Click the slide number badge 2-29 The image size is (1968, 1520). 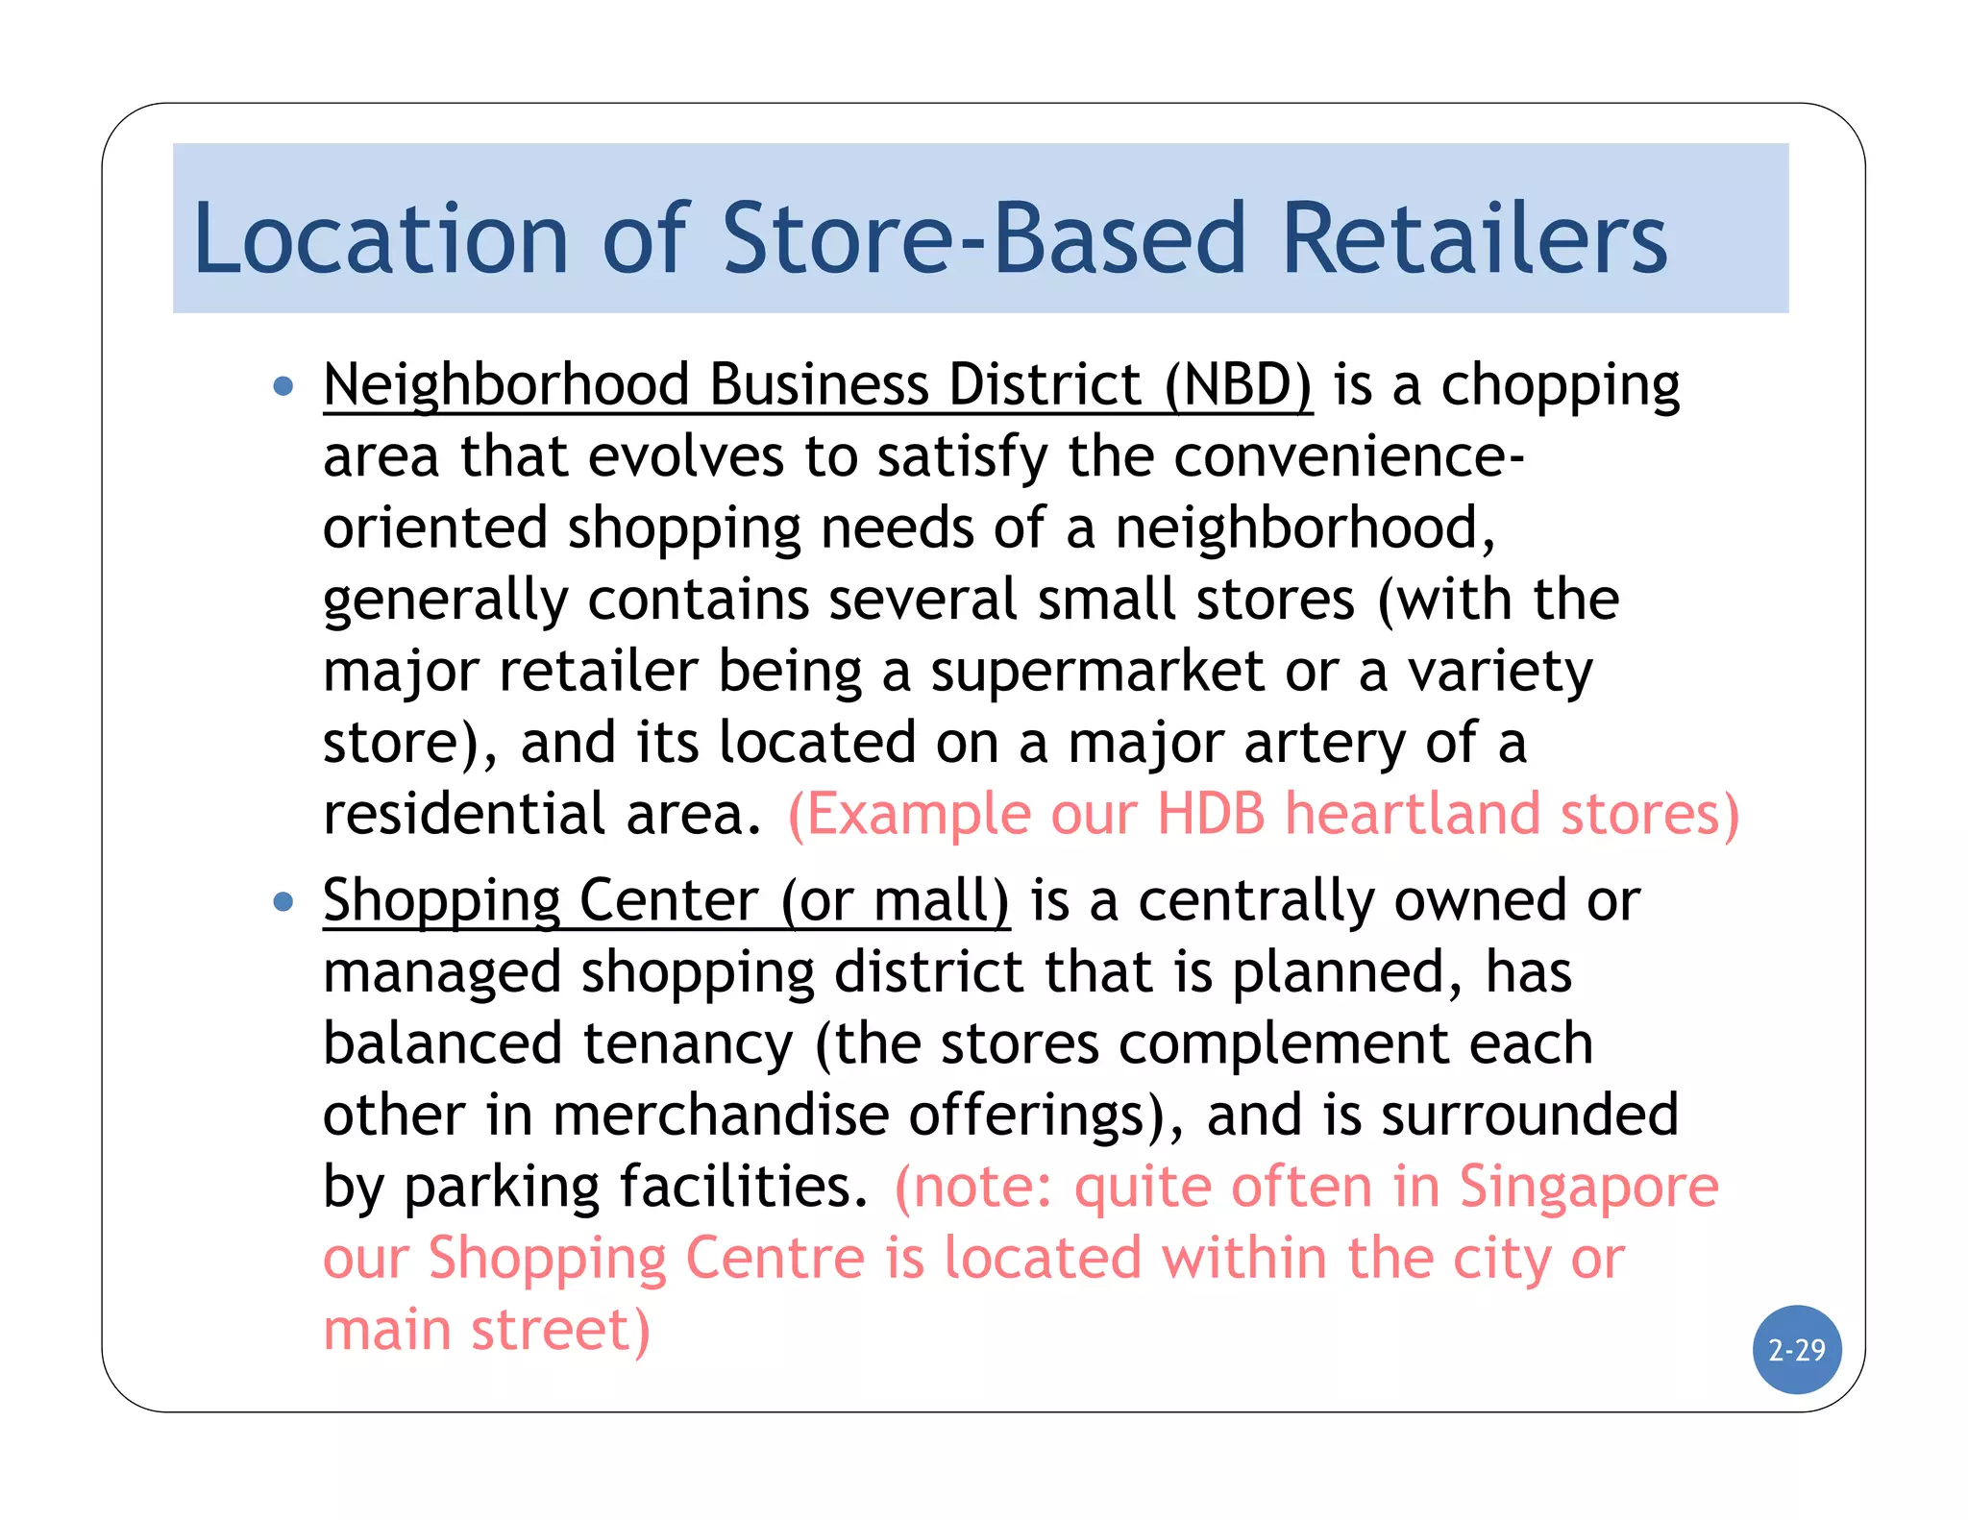(x=1796, y=1350)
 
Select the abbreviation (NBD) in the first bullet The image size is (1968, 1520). (x=1238, y=385)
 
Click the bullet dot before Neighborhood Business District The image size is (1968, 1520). (x=283, y=386)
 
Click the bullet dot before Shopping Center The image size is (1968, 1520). (x=283, y=902)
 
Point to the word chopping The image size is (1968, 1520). (x=1560, y=385)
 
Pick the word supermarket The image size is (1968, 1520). (x=1096, y=671)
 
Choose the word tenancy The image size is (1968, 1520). (x=688, y=1044)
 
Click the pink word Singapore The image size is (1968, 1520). (x=1588, y=1188)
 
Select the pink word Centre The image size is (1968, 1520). (x=775, y=1259)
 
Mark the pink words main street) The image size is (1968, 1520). (x=486, y=1330)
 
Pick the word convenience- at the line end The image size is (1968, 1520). (x=1348, y=456)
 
